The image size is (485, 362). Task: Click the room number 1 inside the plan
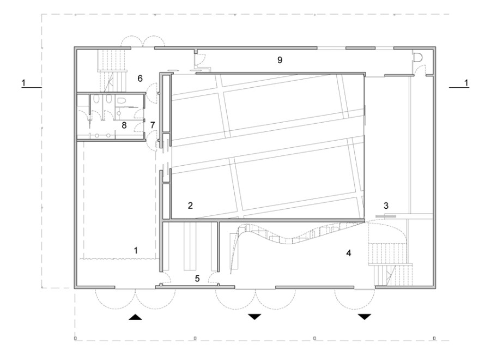point(136,250)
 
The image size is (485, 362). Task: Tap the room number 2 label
point(190,205)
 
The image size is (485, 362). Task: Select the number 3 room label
point(386,205)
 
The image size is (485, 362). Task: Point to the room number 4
point(349,253)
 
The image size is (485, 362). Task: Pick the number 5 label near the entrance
point(197,279)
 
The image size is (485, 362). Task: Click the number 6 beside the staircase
point(140,79)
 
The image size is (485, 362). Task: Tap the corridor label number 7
point(153,125)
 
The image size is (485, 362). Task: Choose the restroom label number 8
point(124,125)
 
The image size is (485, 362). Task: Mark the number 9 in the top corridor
point(280,60)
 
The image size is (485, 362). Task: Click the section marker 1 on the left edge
point(23,83)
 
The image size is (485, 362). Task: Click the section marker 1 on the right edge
point(466,83)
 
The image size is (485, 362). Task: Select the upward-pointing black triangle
point(136,317)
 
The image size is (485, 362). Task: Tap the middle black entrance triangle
point(254,317)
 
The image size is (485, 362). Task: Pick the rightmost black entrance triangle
point(365,317)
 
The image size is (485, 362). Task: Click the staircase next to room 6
point(112,70)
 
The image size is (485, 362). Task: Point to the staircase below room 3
point(390,264)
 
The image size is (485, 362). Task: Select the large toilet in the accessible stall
point(121,100)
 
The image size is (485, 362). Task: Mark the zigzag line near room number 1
point(118,258)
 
